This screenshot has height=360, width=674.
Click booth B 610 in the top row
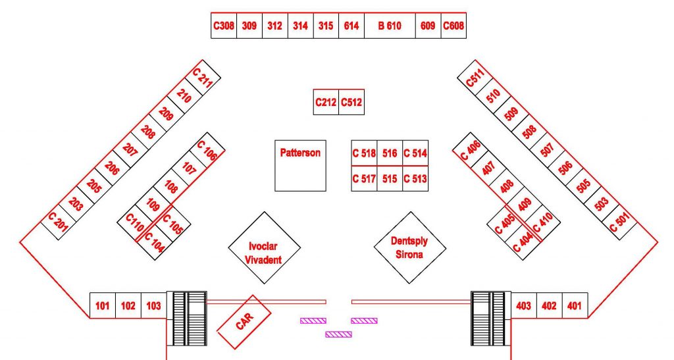[390, 26]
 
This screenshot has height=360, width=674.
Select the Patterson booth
[300, 165]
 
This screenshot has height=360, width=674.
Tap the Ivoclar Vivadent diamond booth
[265, 247]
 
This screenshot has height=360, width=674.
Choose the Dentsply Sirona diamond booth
[410, 247]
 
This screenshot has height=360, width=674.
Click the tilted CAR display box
[244, 322]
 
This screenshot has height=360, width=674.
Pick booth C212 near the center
[326, 102]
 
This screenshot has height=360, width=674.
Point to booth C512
[351, 102]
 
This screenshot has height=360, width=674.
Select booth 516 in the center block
[390, 153]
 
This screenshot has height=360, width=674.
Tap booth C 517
[364, 178]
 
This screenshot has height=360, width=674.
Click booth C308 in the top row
[224, 26]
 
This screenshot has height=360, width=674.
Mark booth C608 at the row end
[454, 26]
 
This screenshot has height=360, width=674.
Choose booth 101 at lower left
[102, 305]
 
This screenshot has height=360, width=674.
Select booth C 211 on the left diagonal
[203, 78]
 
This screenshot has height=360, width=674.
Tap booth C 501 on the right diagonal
[619, 222]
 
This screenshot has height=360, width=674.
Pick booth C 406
[471, 150]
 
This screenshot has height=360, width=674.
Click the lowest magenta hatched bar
[339, 334]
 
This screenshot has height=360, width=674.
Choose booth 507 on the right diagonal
[547, 150]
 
